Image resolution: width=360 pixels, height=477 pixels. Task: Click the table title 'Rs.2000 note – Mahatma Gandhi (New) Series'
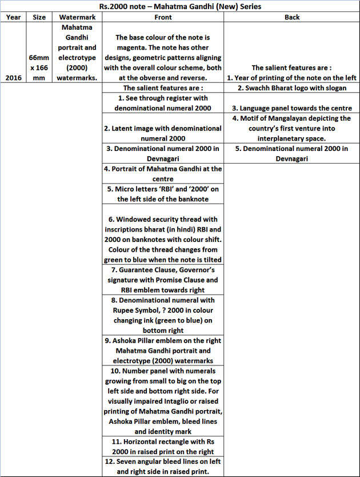click(x=179, y=7)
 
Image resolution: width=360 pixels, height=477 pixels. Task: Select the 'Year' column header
click(x=13, y=17)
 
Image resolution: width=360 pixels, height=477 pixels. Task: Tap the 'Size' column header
click(x=39, y=17)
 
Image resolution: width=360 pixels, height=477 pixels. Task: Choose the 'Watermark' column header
click(x=78, y=17)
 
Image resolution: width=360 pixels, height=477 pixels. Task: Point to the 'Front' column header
click(x=163, y=17)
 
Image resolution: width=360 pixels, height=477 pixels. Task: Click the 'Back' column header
click(x=291, y=17)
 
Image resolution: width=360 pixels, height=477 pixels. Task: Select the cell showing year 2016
click(x=13, y=77)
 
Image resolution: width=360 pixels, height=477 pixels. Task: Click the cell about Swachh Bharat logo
click(x=291, y=88)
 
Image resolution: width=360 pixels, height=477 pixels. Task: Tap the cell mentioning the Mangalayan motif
click(x=291, y=128)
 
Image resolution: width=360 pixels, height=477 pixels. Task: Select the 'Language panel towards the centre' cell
click(x=291, y=108)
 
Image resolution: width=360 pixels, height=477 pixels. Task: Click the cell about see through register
click(x=163, y=103)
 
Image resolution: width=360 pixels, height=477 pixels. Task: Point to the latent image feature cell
click(x=163, y=133)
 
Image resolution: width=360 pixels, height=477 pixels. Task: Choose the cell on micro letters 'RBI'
click(x=163, y=194)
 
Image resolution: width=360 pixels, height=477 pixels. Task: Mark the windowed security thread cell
click(x=163, y=234)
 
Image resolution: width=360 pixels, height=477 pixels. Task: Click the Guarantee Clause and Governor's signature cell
click(x=163, y=280)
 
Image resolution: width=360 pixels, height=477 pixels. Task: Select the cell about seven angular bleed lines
click(x=163, y=467)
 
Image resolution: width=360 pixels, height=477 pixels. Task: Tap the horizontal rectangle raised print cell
click(x=163, y=447)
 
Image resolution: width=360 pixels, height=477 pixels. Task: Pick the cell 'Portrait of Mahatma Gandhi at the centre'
click(x=163, y=174)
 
